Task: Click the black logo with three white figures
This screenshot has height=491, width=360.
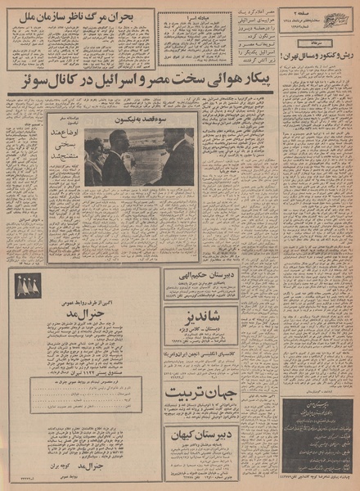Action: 29,285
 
